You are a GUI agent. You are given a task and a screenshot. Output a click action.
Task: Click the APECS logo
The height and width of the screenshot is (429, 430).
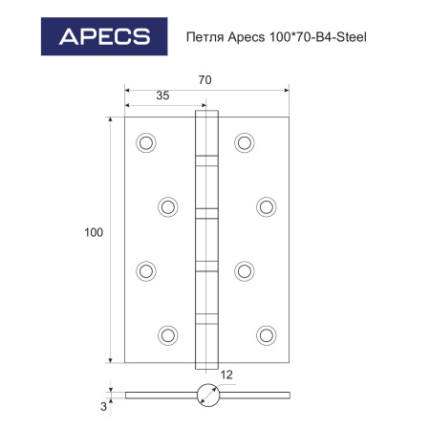click(x=104, y=36)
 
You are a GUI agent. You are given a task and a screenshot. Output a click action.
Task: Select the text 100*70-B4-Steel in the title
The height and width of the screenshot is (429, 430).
click(x=318, y=37)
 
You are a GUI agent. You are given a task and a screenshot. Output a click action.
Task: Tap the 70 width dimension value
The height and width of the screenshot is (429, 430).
click(x=204, y=80)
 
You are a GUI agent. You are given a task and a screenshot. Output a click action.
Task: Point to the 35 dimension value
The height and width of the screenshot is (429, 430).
click(x=162, y=96)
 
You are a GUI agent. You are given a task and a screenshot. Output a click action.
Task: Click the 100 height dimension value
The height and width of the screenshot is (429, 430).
click(x=94, y=232)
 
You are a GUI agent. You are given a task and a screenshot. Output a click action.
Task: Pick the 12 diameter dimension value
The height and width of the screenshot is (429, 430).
click(x=226, y=375)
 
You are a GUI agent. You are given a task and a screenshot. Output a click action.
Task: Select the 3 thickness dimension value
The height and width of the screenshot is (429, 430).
click(x=103, y=407)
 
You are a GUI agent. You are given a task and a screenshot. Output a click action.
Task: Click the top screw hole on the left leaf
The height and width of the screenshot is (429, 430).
click(x=146, y=142)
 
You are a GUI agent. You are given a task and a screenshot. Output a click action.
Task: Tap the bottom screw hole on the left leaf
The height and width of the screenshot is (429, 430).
click(x=168, y=335)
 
